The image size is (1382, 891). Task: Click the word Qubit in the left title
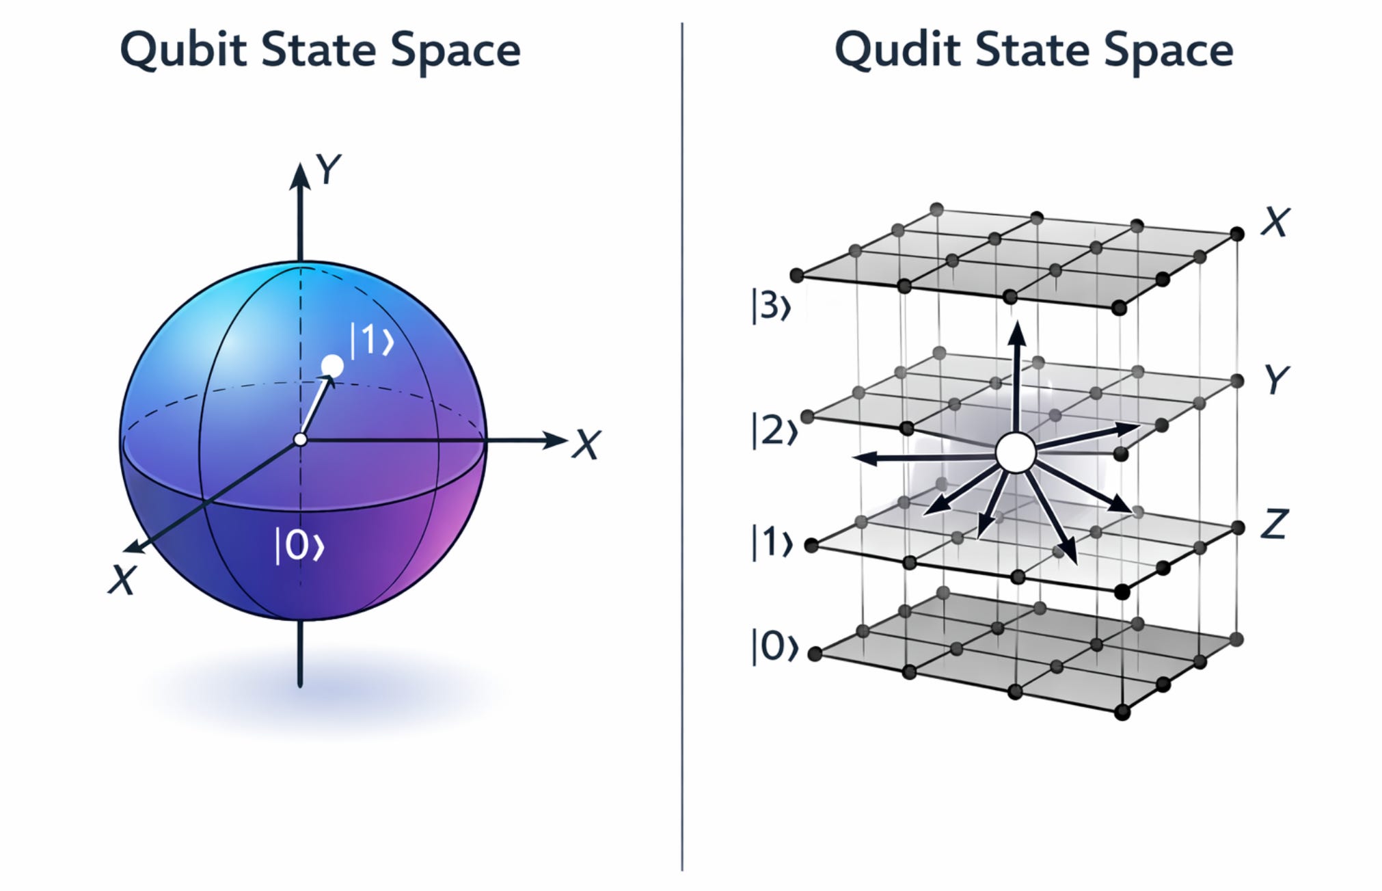coord(183,51)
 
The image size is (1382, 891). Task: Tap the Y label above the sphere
coord(328,169)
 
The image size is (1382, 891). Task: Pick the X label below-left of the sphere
coord(123,580)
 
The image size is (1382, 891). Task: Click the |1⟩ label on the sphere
coord(372,340)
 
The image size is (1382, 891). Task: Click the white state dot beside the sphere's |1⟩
coord(332,367)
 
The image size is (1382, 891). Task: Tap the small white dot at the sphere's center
coord(300,440)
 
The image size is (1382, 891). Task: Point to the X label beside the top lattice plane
coord(1275,222)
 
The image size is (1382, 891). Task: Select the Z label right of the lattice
coord(1274,524)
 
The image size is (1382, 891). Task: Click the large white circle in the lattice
coord(1016,453)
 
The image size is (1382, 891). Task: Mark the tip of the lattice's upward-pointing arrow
coord(1018,325)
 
